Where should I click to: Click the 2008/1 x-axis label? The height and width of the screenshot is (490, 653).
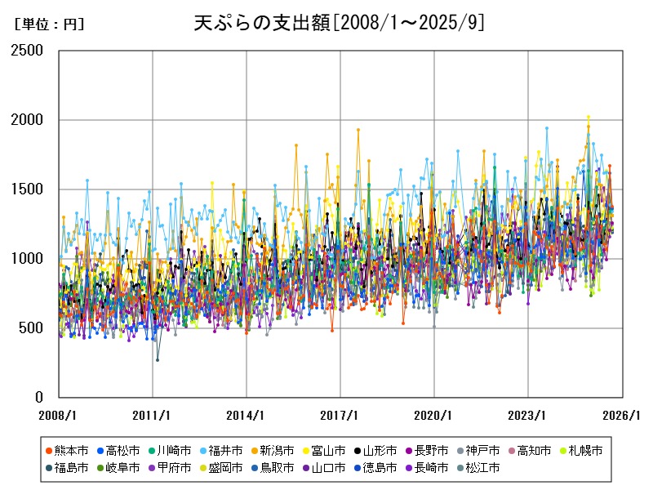pyautogui.click(x=59, y=415)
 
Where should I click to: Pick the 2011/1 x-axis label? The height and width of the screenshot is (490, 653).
pyautogui.click(x=153, y=415)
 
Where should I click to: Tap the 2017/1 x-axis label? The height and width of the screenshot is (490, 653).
pyautogui.click(x=340, y=415)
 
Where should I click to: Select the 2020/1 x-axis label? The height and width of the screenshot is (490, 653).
pyautogui.click(x=434, y=415)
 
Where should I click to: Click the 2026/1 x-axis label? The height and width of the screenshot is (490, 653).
pyautogui.click(x=622, y=415)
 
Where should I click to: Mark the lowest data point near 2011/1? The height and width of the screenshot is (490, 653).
pyautogui.click(x=158, y=360)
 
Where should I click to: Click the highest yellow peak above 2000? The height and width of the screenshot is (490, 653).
pyautogui.click(x=588, y=117)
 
